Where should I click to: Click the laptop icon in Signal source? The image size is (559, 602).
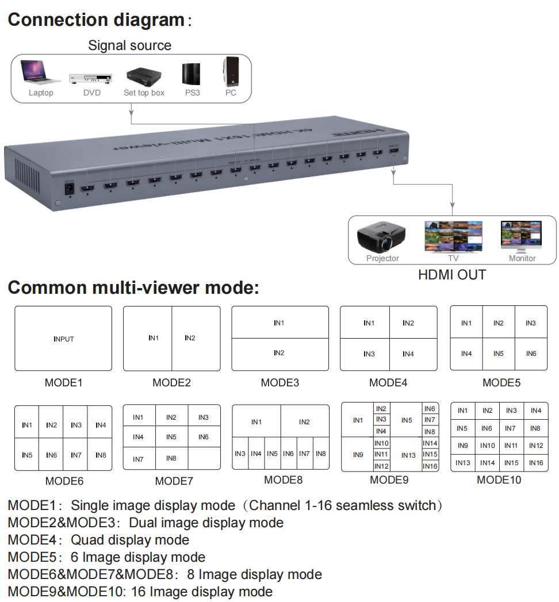point(40,72)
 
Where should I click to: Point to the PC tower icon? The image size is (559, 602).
point(231,71)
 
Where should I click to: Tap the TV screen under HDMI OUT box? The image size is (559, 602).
point(453,236)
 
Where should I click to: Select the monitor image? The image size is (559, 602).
point(520,236)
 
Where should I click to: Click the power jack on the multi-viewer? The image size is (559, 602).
point(70,188)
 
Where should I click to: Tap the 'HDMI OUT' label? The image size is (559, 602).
point(452,275)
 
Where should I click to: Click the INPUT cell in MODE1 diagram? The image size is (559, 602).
point(63,339)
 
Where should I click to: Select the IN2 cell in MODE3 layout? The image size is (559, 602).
point(279,354)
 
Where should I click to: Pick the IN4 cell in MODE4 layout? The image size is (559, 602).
point(408,354)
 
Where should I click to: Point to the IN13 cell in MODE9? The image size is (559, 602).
point(408,455)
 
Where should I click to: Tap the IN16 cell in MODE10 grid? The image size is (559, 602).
point(535,463)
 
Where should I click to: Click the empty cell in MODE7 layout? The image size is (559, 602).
point(204,458)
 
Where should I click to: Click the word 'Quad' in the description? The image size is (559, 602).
point(87,540)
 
